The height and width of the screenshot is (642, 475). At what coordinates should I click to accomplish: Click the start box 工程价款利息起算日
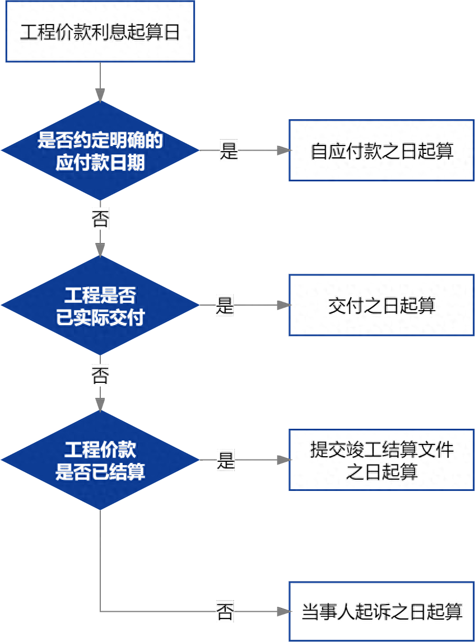point(100,31)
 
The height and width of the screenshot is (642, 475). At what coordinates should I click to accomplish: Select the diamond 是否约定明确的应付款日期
point(100,150)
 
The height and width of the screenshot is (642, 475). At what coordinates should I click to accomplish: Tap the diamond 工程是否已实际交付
point(100,305)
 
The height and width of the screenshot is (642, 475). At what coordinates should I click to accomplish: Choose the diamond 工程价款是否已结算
point(100,460)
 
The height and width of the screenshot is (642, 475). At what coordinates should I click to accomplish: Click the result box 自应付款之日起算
point(381,150)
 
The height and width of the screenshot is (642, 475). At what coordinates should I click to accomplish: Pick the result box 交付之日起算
point(381,305)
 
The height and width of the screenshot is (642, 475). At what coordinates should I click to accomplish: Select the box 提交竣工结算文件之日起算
point(381,460)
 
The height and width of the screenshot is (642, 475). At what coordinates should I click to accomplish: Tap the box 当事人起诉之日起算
point(381,612)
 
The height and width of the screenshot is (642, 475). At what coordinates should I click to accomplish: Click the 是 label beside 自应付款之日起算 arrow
point(229,150)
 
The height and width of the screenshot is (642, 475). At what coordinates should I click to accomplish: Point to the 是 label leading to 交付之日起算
point(225,305)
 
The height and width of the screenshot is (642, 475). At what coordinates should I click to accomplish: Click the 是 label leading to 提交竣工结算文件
point(225,460)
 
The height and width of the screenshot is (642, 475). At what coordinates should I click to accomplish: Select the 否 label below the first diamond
point(100,219)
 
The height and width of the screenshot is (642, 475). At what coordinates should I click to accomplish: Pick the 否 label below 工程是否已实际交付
point(100,374)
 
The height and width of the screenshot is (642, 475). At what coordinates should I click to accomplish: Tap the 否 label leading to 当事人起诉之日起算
point(225,612)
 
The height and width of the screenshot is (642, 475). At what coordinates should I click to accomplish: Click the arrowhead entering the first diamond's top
point(100,95)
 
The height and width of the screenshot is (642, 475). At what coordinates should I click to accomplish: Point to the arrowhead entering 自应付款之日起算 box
point(283,150)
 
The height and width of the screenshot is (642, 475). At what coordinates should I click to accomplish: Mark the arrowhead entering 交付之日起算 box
point(283,305)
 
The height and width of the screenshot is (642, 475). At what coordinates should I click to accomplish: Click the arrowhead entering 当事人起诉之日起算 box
point(283,612)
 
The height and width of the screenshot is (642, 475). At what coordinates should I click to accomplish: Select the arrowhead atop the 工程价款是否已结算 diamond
point(100,404)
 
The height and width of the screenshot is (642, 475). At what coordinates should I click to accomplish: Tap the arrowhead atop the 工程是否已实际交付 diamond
point(100,249)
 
